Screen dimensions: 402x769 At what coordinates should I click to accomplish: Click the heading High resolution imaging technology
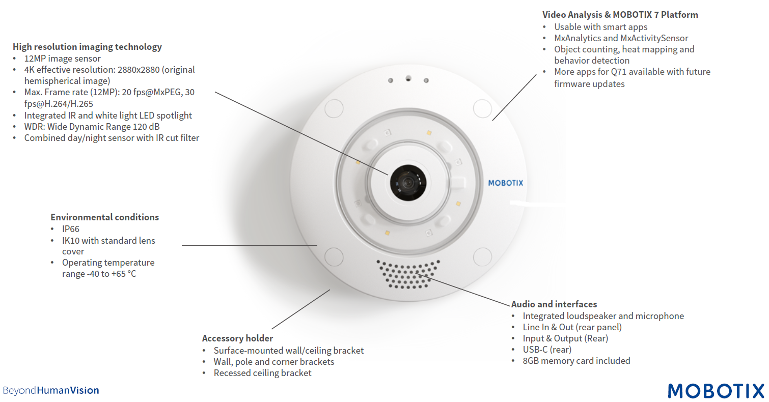tap(87, 47)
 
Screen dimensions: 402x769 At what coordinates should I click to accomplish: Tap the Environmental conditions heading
tap(104, 217)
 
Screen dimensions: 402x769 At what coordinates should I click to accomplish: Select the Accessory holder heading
tap(237, 338)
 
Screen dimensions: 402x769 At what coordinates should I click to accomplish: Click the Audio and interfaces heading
tap(554, 304)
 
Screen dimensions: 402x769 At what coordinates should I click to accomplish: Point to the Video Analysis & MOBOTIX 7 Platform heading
tap(620, 15)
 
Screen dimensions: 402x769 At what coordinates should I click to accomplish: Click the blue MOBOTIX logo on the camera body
tap(506, 183)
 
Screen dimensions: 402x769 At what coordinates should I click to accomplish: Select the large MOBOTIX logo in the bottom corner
tap(716, 390)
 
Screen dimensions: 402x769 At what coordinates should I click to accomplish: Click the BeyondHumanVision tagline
tap(51, 391)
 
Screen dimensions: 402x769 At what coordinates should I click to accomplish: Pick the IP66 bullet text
tap(71, 229)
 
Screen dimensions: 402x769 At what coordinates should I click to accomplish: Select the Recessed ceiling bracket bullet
tap(262, 373)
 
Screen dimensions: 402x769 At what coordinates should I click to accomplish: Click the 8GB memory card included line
tap(576, 361)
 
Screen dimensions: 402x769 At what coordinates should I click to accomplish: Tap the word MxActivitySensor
tap(654, 38)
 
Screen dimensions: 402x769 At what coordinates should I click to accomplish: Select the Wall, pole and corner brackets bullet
tap(274, 362)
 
